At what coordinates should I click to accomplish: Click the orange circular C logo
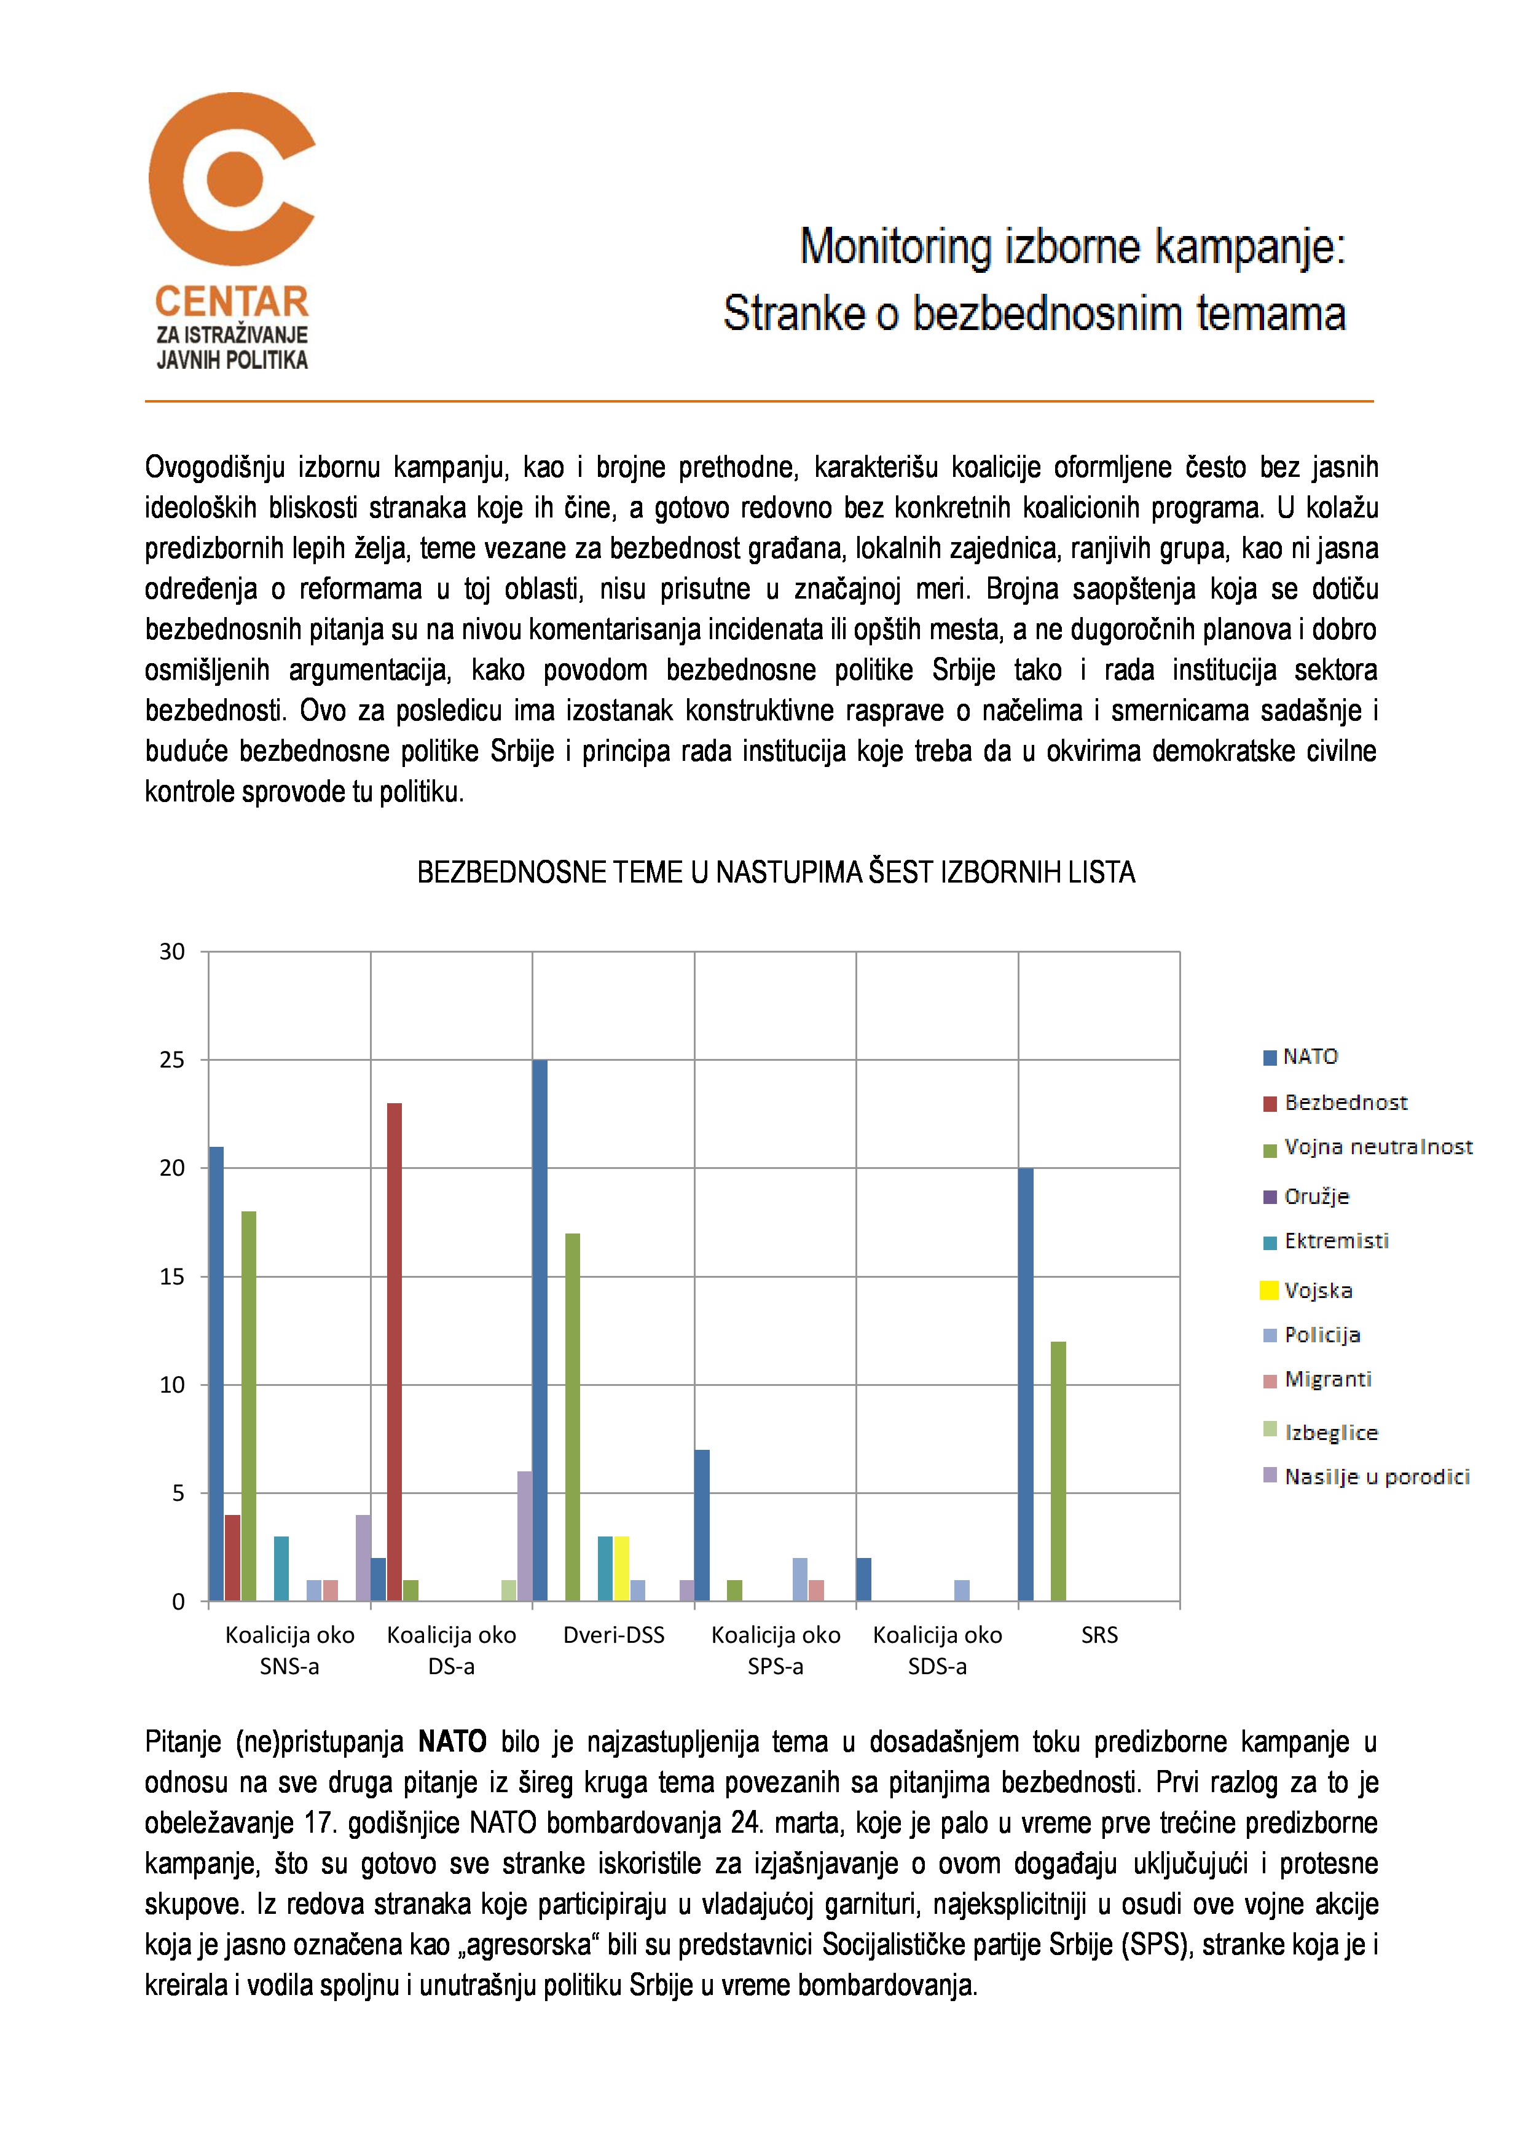(x=231, y=178)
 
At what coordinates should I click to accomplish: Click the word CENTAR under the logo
(x=231, y=302)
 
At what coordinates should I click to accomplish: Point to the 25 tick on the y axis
(x=173, y=1060)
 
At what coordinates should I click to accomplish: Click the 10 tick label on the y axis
(x=173, y=1385)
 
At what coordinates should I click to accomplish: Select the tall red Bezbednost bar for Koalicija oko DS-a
(x=395, y=1352)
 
